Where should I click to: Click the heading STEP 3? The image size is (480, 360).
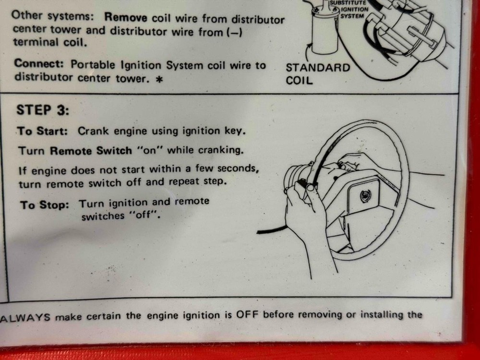click(43, 110)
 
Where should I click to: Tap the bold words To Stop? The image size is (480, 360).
click(45, 205)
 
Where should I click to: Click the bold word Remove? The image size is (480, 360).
click(126, 18)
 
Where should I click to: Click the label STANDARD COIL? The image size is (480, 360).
click(318, 73)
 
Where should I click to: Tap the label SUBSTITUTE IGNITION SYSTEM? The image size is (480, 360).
click(354, 9)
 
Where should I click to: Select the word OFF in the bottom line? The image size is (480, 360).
click(248, 315)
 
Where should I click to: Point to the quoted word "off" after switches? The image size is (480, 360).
click(143, 216)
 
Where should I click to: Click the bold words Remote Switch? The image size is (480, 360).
click(91, 151)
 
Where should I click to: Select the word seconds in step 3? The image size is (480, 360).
click(240, 169)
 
